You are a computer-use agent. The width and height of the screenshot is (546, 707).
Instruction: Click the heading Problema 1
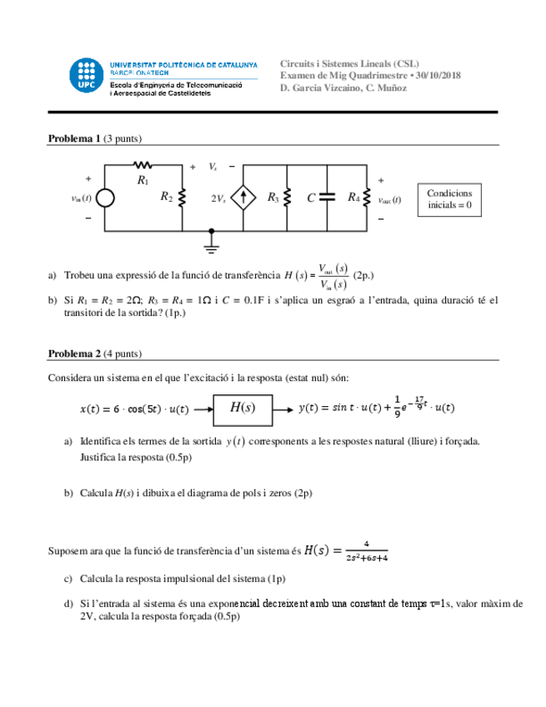tap(74, 138)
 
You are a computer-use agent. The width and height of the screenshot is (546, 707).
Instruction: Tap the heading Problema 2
tap(74, 354)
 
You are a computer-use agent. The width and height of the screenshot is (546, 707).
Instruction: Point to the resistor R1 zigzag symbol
tap(143, 165)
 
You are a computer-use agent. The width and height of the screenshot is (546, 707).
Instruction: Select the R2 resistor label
tap(167, 198)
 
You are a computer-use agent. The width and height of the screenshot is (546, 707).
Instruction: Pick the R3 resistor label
tap(273, 198)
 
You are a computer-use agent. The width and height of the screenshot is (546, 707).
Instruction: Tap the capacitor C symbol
tap(327, 198)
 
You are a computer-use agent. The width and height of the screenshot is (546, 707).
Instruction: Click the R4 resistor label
tap(353, 198)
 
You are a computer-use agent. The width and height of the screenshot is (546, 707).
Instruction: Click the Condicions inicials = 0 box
tap(449, 198)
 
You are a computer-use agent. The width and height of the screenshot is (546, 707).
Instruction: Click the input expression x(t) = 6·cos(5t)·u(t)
tap(133, 409)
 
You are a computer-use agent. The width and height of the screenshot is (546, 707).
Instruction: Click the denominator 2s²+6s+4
tap(365, 558)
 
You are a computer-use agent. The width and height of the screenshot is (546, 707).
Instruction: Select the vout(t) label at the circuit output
tap(390, 200)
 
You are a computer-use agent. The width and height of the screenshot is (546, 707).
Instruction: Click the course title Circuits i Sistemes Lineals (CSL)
tap(349, 63)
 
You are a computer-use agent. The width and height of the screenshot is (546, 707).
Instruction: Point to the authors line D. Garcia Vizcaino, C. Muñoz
tap(343, 88)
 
